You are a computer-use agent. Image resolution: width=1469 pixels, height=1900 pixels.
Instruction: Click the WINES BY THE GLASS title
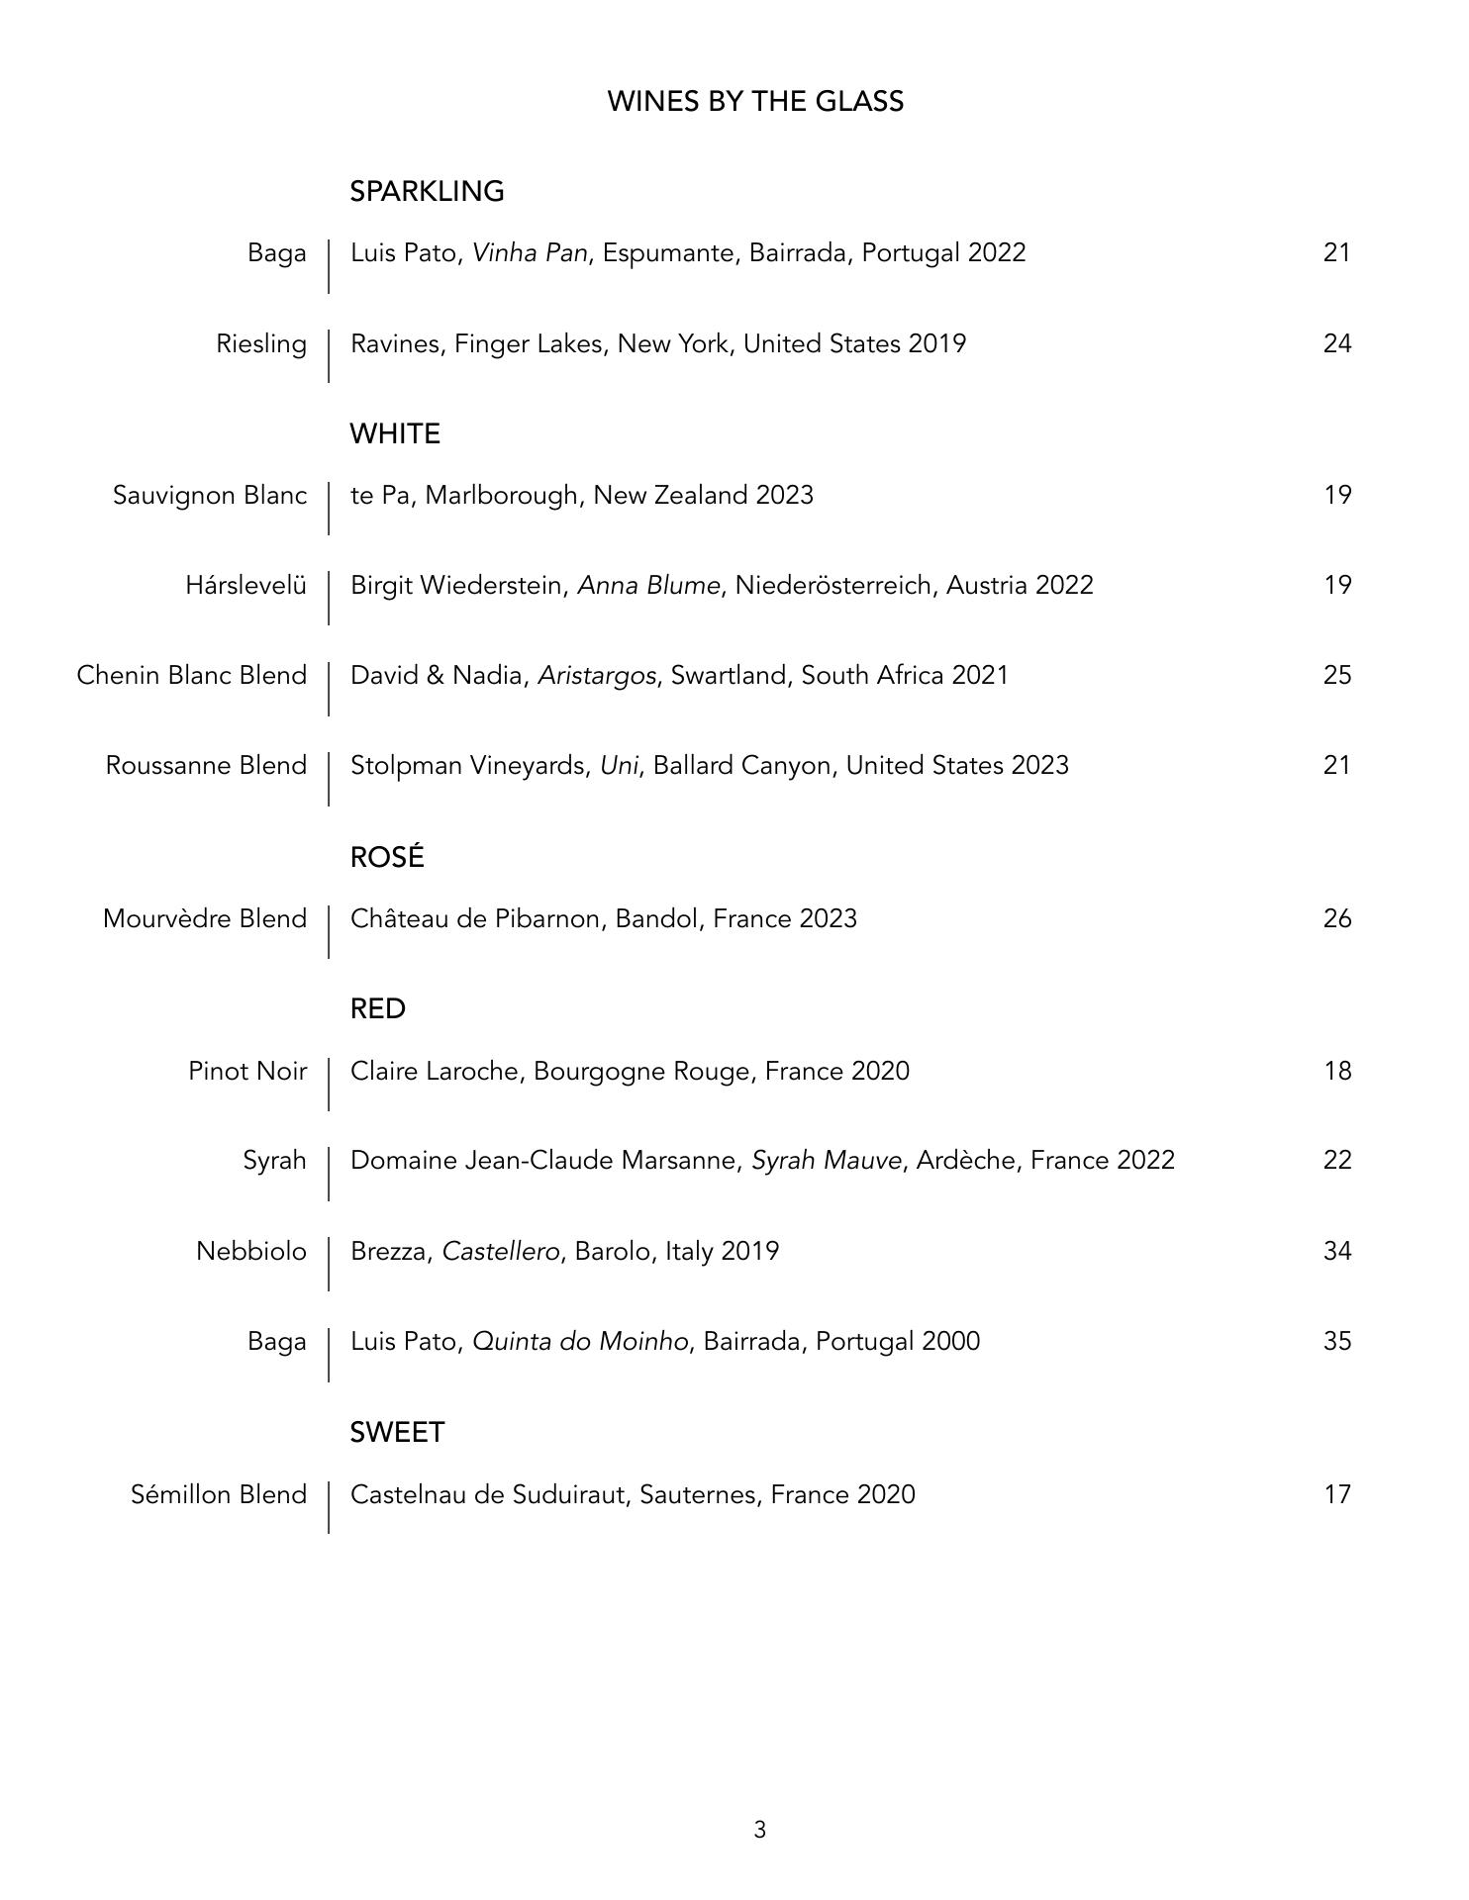click(x=754, y=102)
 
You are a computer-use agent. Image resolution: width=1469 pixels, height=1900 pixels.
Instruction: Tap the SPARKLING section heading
click(x=427, y=191)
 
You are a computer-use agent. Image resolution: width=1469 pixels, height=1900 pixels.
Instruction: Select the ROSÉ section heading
click(x=387, y=857)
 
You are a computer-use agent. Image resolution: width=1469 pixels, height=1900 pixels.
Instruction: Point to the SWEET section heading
click(x=397, y=1432)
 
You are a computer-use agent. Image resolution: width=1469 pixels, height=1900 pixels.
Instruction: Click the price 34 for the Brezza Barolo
click(x=1336, y=1251)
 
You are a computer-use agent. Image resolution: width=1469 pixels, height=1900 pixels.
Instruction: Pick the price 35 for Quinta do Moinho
click(x=1336, y=1341)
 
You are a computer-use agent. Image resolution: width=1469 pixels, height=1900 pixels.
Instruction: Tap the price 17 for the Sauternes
click(x=1336, y=1493)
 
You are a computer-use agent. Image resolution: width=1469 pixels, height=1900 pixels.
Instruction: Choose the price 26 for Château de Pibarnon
click(x=1336, y=918)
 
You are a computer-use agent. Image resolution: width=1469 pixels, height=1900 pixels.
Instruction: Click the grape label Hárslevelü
click(x=245, y=585)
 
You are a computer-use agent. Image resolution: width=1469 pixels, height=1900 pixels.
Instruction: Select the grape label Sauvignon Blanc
click(x=210, y=495)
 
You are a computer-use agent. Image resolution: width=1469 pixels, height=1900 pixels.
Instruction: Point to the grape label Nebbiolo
click(x=251, y=1251)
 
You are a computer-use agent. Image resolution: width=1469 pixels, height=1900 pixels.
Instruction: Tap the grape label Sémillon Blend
click(x=219, y=1493)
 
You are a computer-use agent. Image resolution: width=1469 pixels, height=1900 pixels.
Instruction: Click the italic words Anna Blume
click(x=648, y=585)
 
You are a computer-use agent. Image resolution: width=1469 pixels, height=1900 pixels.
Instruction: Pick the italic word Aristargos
click(x=596, y=675)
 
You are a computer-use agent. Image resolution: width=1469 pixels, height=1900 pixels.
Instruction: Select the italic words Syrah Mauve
click(x=827, y=1160)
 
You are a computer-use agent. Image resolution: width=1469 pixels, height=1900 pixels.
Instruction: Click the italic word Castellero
click(x=501, y=1251)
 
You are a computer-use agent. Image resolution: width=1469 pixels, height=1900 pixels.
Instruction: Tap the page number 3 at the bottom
click(x=759, y=1830)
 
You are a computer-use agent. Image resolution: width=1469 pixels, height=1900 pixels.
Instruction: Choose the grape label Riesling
click(x=261, y=343)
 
